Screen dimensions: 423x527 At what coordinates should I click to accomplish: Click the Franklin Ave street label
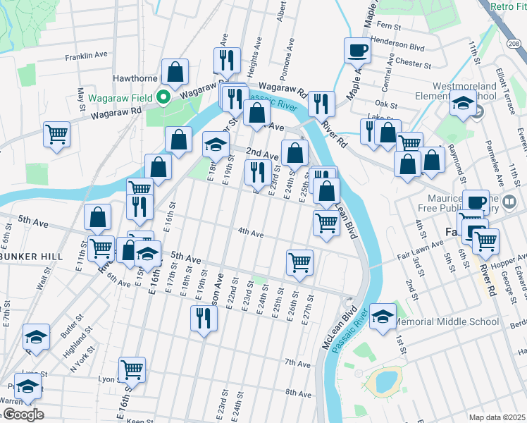[x=86, y=55]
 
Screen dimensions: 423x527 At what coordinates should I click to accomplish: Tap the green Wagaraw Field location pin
[x=163, y=97]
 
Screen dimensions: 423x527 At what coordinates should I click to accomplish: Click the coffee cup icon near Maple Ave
[x=357, y=51]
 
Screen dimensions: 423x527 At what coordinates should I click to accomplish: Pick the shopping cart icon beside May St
[x=57, y=134]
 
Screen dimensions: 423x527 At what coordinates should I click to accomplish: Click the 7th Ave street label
[x=298, y=364]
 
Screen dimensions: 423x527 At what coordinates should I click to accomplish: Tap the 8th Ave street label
[x=298, y=392]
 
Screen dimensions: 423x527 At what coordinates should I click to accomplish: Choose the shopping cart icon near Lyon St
[x=132, y=369]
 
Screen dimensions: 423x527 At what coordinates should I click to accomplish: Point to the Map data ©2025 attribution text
[x=496, y=417]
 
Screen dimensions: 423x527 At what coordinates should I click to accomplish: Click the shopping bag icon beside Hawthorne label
[x=175, y=72]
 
